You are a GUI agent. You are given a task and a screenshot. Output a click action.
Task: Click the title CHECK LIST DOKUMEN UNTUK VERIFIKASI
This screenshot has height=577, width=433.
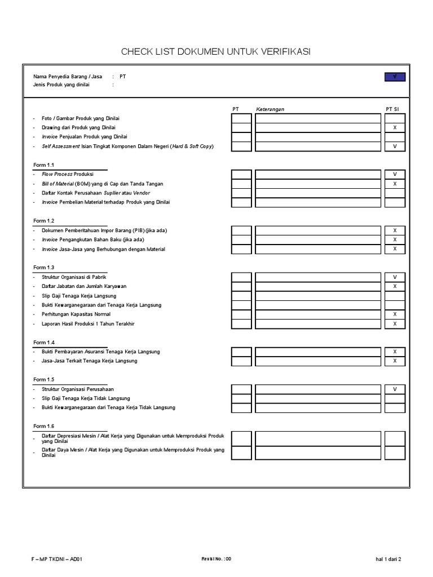pyautogui.click(x=216, y=52)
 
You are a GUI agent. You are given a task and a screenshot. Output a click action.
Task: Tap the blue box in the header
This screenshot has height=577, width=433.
pyautogui.click(x=395, y=77)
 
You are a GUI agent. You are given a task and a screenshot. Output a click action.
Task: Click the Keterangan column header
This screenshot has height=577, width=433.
pyautogui.click(x=270, y=109)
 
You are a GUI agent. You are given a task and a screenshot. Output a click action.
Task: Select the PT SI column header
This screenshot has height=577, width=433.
pyautogui.click(x=395, y=109)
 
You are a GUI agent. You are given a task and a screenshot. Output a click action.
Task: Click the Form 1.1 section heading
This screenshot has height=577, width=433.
pyautogui.click(x=44, y=165)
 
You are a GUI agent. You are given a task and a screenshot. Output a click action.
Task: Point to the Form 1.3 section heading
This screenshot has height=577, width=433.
pyautogui.click(x=44, y=268)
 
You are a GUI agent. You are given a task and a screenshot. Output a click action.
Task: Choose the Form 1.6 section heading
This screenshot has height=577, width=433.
pyautogui.click(x=44, y=426)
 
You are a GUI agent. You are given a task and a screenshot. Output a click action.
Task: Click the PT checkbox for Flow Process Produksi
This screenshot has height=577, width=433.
pyautogui.click(x=241, y=175)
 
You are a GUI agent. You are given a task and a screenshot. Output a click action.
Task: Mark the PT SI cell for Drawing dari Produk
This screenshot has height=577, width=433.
pyautogui.click(x=395, y=128)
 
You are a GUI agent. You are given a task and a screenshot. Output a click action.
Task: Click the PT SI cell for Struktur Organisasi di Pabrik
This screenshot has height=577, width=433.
pyautogui.click(x=395, y=277)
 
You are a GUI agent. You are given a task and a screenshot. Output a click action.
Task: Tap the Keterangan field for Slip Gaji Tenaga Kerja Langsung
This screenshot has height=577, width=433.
pyautogui.click(x=317, y=296)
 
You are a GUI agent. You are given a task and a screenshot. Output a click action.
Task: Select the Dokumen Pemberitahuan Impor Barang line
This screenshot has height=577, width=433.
pyautogui.click(x=104, y=230)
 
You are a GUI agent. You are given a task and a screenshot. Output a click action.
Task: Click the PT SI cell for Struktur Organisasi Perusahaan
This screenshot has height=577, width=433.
pyautogui.click(x=395, y=389)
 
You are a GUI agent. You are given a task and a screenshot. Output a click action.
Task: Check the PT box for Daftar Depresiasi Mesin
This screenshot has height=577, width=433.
pyautogui.click(x=241, y=438)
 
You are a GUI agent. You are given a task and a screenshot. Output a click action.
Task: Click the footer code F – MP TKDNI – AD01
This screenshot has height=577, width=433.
pyautogui.click(x=59, y=560)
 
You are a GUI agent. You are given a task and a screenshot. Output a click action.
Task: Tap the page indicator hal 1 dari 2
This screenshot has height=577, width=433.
pyautogui.click(x=388, y=560)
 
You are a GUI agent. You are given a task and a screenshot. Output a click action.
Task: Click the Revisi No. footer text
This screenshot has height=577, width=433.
pyautogui.click(x=216, y=560)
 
